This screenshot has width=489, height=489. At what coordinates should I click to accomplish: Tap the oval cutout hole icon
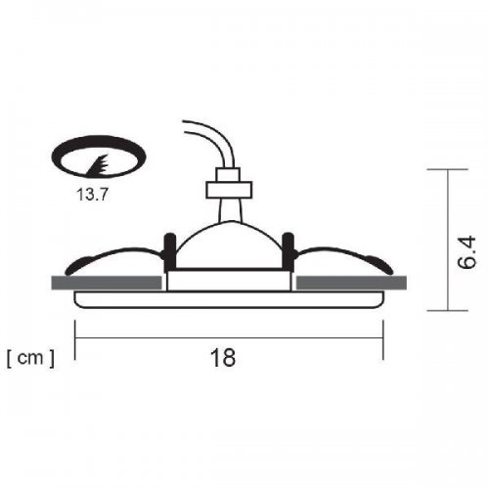click(x=95, y=156)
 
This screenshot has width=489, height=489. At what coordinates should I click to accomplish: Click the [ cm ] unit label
click(x=30, y=358)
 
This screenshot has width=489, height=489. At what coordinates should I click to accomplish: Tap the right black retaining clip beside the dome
click(x=289, y=249)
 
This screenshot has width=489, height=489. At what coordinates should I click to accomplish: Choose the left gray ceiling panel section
click(x=106, y=283)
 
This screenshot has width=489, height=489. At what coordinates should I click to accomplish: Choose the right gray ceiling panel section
click(x=352, y=283)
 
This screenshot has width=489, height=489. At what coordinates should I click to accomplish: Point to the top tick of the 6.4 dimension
click(x=448, y=169)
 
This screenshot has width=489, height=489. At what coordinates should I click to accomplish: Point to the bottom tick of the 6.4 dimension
click(x=448, y=312)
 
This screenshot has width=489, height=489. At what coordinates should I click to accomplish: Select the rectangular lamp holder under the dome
click(x=230, y=280)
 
